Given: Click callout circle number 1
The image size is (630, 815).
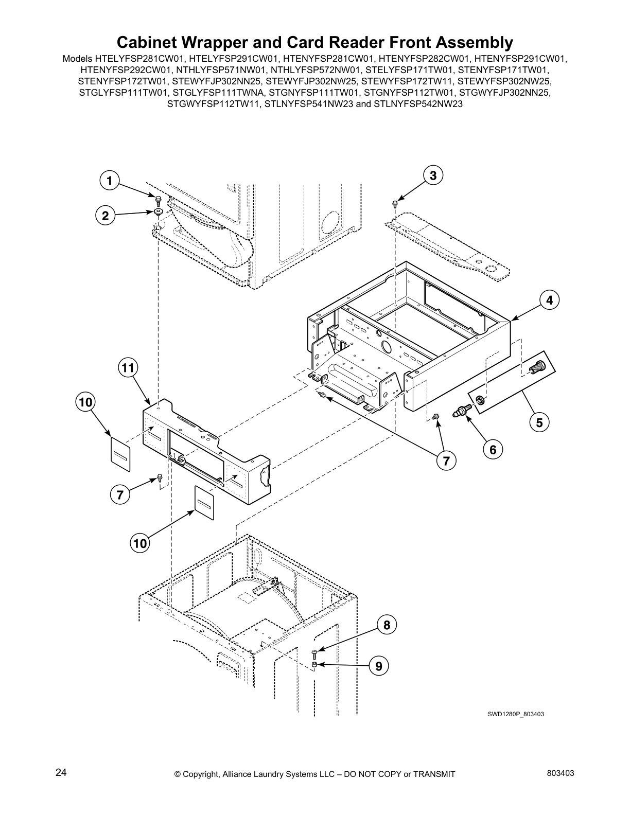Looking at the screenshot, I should tap(109, 181).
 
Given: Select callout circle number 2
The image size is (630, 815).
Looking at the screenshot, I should tap(106, 216).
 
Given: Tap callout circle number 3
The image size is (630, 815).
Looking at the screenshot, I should tap(433, 175).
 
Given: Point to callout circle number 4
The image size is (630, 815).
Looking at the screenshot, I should tap(549, 300).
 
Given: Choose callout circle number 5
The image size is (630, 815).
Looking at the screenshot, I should tap(539, 422).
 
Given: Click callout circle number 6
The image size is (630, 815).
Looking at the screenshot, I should tap(493, 450).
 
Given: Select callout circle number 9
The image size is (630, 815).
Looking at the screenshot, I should tap(378, 666).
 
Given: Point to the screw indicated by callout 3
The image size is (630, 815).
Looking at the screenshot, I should tap(395, 203).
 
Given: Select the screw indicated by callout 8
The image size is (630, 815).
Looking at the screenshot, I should tap(315, 653).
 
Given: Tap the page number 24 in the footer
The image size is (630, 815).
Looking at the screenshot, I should tap(61, 772).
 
